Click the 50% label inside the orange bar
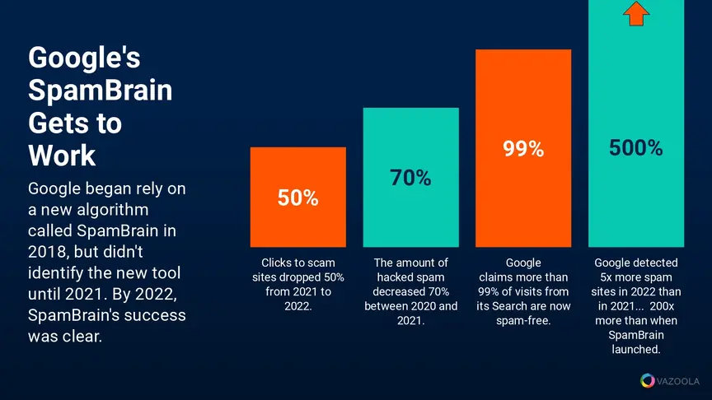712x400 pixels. pyautogui.click(x=297, y=198)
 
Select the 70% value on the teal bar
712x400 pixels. pyautogui.click(x=410, y=178)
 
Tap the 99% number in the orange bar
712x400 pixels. pyautogui.click(x=523, y=149)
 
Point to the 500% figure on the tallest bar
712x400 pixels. pyautogui.click(x=635, y=148)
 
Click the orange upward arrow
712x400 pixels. pyautogui.click(x=636, y=13)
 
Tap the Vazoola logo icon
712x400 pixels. pyautogui.click(x=648, y=380)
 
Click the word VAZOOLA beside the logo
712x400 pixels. pyautogui.click(x=678, y=381)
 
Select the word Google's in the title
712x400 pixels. pyautogui.click(x=84, y=58)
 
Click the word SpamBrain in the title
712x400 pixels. pyautogui.click(x=101, y=90)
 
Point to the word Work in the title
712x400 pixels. pyautogui.click(x=62, y=156)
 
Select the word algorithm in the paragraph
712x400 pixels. pyautogui.click(x=113, y=210)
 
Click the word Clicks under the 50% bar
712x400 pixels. pyautogui.click(x=275, y=263)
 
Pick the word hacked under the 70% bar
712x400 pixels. pyautogui.click(x=395, y=277)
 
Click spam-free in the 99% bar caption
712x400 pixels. pyautogui.click(x=523, y=321)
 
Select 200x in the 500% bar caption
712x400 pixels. pyautogui.click(x=662, y=306)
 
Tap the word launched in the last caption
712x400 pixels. pyautogui.click(x=635, y=350)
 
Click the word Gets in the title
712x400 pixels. pyautogui.click(x=75, y=123)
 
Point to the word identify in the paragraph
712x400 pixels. pyautogui.click(x=56, y=273)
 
